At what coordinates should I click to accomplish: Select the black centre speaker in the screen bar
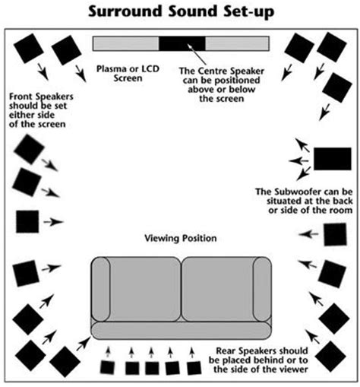pyautogui.click(x=182, y=43)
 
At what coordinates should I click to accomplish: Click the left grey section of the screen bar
pyautogui.click(x=125, y=43)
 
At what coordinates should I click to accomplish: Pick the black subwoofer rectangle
pyautogui.click(x=333, y=158)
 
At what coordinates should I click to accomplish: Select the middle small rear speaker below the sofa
pyautogui.click(x=152, y=367)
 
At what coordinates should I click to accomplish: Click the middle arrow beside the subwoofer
pyautogui.click(x=298, y=160)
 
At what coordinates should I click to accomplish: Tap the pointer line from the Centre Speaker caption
pyautogui.click(x=191, y=57)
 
